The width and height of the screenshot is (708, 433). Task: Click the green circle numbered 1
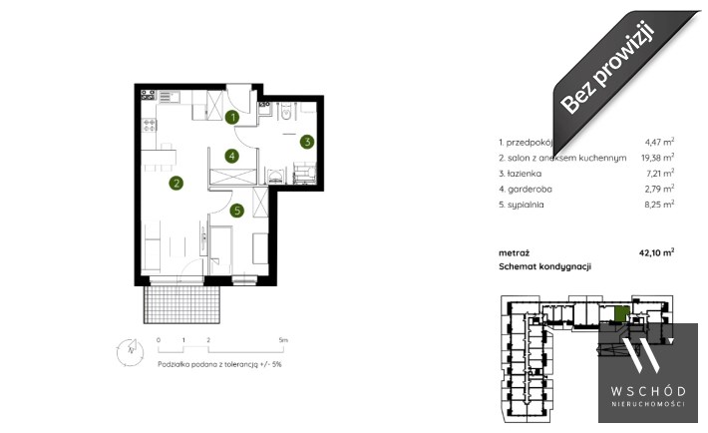pos(232,118)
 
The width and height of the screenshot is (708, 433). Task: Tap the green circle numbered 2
pos(177,183)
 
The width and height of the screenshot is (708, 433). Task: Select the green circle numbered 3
pos(307,142)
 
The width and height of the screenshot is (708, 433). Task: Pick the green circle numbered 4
pos(231,156)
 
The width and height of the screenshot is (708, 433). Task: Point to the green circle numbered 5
pos(236,211)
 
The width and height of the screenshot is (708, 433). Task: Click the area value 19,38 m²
pos(657,158)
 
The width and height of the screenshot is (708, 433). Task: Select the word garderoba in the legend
pos(530,189)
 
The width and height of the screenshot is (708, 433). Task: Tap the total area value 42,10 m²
pos(656,252)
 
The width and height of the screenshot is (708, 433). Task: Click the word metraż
pos(514,253)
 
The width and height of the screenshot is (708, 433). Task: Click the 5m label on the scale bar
pos(283,340)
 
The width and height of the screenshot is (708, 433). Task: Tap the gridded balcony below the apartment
pos(181,303)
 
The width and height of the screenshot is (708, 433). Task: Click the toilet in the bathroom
pos(286,111)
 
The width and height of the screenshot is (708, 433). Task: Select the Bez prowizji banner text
pos(607,68)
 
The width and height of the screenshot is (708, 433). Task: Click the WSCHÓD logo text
pos(648,391)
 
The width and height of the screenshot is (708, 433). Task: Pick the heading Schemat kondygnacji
pos(545,266)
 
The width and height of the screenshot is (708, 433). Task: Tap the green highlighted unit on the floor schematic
pos(622,313)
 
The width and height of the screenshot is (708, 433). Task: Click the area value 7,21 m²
pos(660,174)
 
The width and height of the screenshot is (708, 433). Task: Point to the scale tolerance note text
pos(219,364)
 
